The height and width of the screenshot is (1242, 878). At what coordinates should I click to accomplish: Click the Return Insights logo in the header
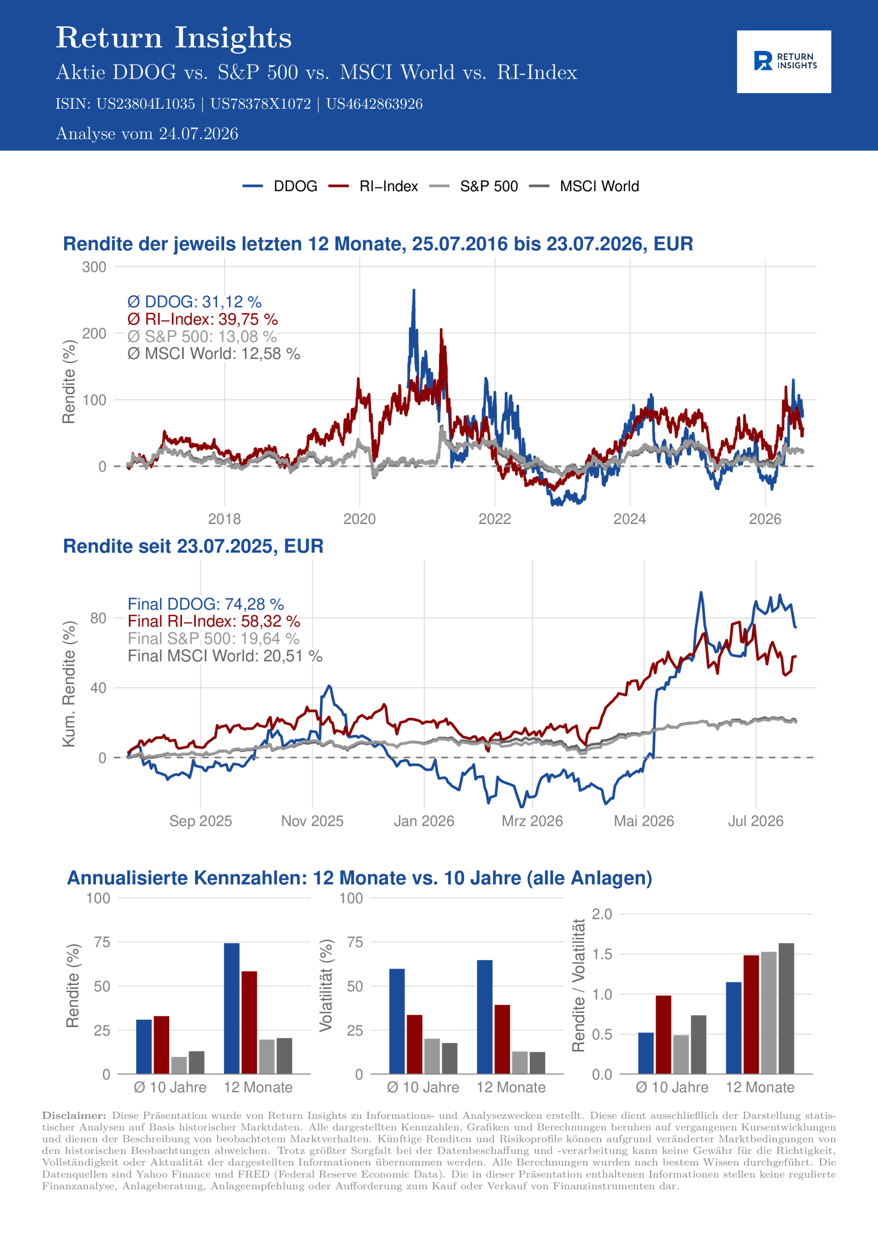(x=784, y=61)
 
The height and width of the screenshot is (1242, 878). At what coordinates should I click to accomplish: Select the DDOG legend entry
(x=280, y=186)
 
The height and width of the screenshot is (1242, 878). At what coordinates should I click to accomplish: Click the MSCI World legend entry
(x=583, y=186)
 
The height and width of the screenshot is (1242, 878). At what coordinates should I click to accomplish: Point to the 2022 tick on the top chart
(x=494, y=519)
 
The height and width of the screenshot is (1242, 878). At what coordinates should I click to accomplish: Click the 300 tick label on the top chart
(x=94, y=267)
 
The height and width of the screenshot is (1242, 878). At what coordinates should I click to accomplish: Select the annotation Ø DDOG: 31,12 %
(x=194, y=302)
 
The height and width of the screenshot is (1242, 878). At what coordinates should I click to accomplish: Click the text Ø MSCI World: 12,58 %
(x=214, y=354)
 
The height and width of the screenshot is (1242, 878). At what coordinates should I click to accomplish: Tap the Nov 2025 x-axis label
(x=312, y=821)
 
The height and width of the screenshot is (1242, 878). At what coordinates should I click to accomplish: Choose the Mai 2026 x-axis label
(x=644, y=821)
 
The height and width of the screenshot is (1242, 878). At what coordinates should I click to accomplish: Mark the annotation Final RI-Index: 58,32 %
(x=214, y=621)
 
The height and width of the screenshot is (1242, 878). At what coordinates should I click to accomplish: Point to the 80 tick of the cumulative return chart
(x=98, y=618)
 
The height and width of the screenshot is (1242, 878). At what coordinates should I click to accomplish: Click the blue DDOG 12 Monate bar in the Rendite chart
(x=231, y=1009)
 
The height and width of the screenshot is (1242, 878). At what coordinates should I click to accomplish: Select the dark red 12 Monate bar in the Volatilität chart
(x=502, y=1039)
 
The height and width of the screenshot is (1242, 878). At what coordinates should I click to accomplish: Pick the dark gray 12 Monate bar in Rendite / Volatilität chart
(x=786, y=1009)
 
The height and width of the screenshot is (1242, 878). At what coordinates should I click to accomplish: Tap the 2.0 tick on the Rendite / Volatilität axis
(x=602, y=914)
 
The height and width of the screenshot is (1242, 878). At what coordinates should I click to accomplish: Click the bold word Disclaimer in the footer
(x=74, y=1115)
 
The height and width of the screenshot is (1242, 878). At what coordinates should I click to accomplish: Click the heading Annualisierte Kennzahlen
(x=359, y=878)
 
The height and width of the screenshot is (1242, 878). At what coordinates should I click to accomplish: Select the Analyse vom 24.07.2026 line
(x=146, y=133)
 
